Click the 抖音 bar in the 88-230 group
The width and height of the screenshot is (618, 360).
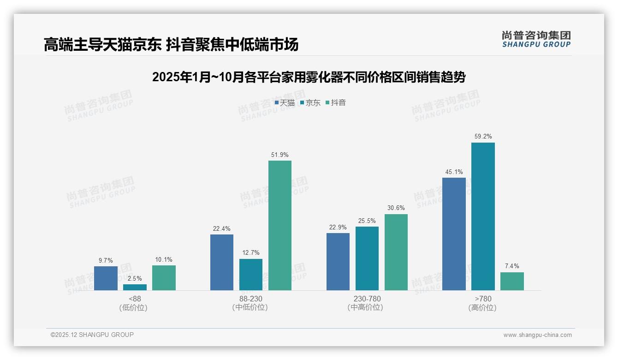[x=280, y=225]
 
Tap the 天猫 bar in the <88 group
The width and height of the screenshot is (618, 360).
[x=106, y=278]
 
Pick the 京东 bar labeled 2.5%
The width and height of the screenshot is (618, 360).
[x=135, y=287]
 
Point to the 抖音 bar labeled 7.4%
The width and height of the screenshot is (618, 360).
[x=512, y=281]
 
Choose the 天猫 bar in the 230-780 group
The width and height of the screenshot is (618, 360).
[x=338, y=261]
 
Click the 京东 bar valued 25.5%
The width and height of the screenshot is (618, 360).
[x=367, y=258]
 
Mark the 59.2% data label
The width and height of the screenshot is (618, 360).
[x=483, y=137]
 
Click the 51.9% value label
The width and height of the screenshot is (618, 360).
[x=280, y=155]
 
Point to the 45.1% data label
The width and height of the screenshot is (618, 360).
[x=454, y=172]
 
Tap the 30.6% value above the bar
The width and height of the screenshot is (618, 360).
[x=396, y=208]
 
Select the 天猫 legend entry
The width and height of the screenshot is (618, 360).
[x=285, y=103]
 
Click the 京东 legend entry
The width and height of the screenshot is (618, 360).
[x=310, y=103]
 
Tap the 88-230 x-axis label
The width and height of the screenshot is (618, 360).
[x=251, y=299]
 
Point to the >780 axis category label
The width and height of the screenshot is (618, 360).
[x=483, y=299]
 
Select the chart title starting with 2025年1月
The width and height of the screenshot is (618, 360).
[x=309, y=77]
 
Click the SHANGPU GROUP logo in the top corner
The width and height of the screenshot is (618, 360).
[x=536, y=39]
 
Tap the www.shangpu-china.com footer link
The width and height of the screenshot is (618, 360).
[x=537, y=335]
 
